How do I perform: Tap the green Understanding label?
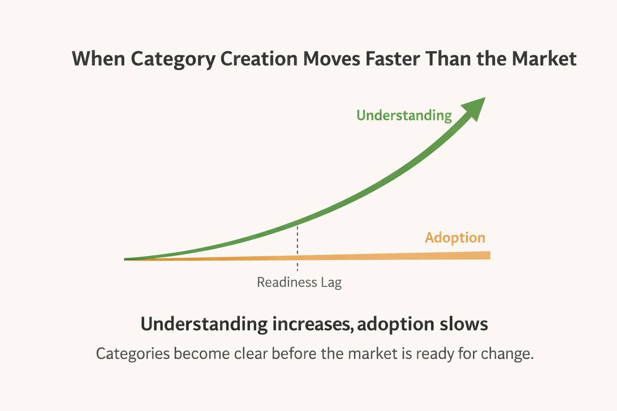(x=404, y=116)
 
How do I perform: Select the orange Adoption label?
(x=455, y=238)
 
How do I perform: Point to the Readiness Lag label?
(x=299, y=283)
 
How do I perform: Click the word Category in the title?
(x=173, y=59)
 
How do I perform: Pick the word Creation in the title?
(x=259, y=59)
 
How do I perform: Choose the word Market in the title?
(x=544, y=59)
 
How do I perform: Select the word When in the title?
(x=98, y=59)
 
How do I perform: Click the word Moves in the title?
(x=331, y=59)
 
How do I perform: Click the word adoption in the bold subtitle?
(x=396, y=324)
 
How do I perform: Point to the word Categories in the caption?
(x=133, y=354)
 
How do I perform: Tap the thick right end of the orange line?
(x=484, y=255)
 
